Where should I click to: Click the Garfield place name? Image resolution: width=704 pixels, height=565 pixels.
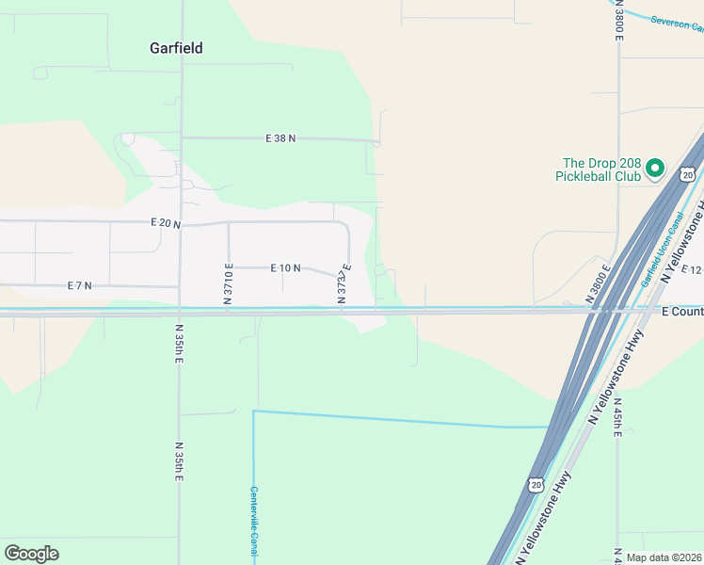pyautogui.click(x=176, y=48)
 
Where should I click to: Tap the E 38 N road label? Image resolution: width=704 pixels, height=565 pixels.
pyautogui.click(x=280, y=138)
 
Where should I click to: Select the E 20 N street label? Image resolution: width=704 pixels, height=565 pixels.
pyautogui.click(x=166, y=223)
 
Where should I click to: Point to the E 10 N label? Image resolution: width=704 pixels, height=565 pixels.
pyautogui.click(x=285, y=268)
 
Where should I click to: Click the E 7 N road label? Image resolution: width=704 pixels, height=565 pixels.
pyautogui.click(x=80, y=285)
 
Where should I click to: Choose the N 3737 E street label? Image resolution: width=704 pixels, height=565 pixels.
pyautogui.click(x=344, y=284)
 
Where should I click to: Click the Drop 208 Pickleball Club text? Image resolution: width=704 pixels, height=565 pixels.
pyautogui.click(x=601, y=169)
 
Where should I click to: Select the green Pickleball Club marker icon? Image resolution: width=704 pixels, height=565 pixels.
pyautogui.click(x=656, y=169)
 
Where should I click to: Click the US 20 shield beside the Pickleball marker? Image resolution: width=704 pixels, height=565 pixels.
pyautogui.click(x=688, y=174)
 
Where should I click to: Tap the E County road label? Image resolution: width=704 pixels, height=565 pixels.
pyautogui.click(x=682, y=311)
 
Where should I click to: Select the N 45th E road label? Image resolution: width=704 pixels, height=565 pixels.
pyautogui.click(x=618, y=414)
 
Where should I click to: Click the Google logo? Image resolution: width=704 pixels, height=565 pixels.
pyautogui.click(x=31, y=554)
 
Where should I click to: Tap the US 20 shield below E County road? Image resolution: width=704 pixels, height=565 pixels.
pyautogui.click(x=536, y=484)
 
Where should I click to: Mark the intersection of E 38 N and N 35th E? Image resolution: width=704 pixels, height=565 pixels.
pyautogui.click(x=181, y=137)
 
